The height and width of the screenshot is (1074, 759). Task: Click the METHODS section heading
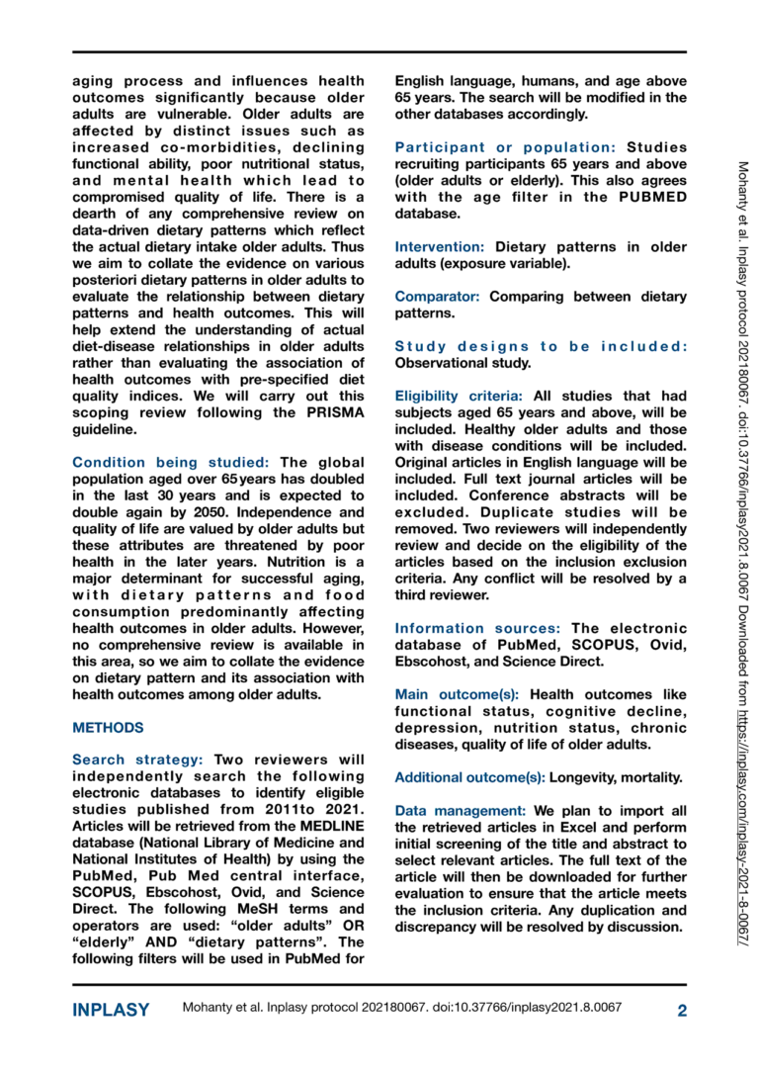click(x=109, y=727)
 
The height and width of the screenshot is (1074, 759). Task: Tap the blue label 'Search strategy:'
click(x=137, y=760)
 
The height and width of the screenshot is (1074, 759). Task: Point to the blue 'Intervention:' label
click(x=440, y=245)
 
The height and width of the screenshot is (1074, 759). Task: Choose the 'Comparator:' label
click(x=438, y=296)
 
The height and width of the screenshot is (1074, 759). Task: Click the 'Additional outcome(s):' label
click(x=469, y=778)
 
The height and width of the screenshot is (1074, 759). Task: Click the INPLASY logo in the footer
click(x=112, y=1010)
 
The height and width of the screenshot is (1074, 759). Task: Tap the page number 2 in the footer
click(x=681, y=1010)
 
